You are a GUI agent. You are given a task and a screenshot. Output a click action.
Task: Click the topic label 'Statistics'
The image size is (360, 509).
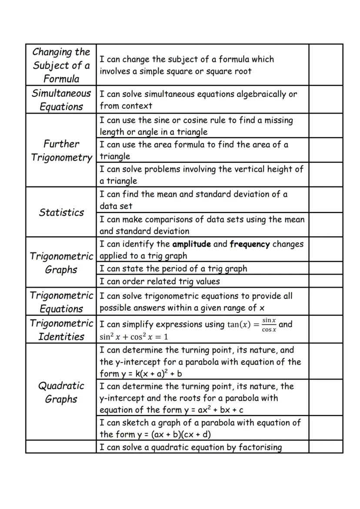[x=61, y=213]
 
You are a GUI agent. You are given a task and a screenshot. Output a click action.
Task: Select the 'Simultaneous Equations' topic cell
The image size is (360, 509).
[x=61, y=100]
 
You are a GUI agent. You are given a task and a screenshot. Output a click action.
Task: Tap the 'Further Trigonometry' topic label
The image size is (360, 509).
[x=61, y=150]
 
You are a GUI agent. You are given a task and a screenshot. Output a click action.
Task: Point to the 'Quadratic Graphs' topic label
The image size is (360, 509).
[x=61, y=392]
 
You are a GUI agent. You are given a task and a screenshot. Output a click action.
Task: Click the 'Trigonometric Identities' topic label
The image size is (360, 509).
[x=61, y=329]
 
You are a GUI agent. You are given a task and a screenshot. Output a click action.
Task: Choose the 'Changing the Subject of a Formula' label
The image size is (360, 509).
[x=61, y=65]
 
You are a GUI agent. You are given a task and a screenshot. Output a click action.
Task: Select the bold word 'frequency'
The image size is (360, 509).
[x=250, y=244]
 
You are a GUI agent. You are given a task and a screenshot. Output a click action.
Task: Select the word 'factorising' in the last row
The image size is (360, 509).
[x=260, y=447]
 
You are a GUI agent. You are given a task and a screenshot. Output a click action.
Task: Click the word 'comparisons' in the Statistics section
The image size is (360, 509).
[x=168, y=220]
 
